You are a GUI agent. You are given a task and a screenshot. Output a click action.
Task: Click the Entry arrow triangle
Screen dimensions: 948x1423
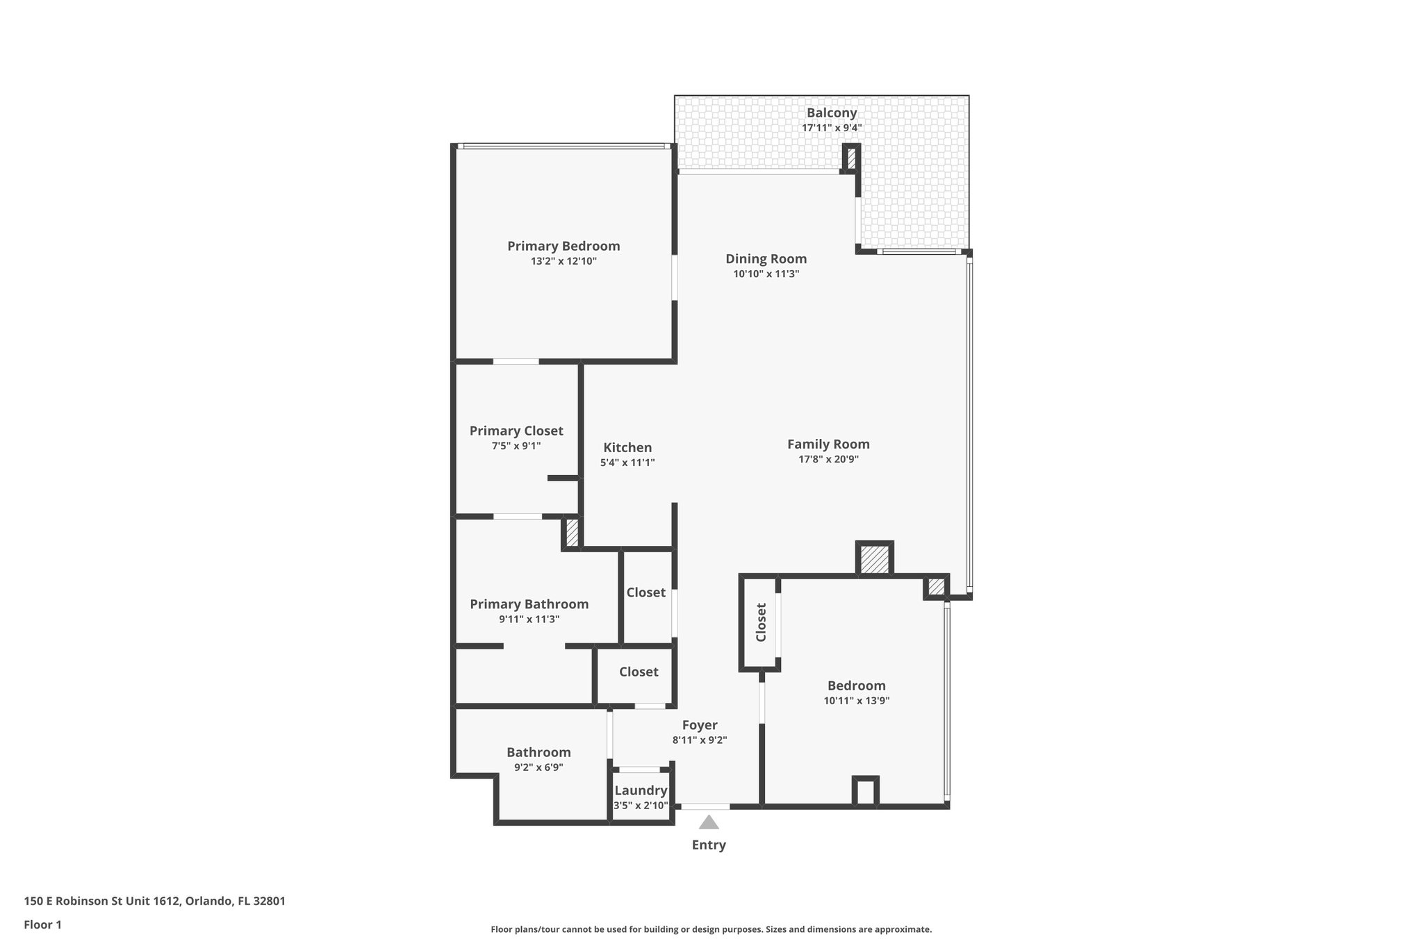pos(708,823)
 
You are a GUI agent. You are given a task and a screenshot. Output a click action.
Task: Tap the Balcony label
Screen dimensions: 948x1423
pos(831,113)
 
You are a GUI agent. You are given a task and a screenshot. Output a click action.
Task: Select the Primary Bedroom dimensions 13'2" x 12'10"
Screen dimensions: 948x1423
pos(564,262)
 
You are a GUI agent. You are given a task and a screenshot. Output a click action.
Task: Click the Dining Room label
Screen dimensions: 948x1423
pos(766,259)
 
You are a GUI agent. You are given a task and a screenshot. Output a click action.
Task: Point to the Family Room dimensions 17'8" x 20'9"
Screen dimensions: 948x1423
pos(828,459)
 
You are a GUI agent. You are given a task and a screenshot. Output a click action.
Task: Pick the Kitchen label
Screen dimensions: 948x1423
pos(627,448)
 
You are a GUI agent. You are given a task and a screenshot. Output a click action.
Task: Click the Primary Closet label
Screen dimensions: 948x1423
pos(516,431)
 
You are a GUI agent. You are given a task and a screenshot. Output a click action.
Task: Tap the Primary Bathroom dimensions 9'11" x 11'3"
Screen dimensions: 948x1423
pos(529,619)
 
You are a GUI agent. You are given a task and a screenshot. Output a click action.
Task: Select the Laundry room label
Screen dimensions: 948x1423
pos(641,790)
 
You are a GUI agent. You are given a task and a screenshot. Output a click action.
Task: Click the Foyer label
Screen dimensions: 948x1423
pos(699,725)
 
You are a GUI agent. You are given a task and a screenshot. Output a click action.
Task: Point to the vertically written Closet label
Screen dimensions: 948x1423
pos(761,622)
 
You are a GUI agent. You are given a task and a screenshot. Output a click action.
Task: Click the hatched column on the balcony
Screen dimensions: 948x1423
pos(851,158)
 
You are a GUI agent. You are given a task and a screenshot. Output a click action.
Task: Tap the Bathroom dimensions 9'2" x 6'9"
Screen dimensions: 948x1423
pos(538,767)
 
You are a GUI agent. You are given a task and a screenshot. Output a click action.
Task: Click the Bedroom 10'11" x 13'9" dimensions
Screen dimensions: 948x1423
pos(856,701)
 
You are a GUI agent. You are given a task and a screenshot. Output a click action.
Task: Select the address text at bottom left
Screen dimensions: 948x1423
pos(154,901)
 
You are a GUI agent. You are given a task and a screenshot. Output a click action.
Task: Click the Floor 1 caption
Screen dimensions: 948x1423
pos(42,924)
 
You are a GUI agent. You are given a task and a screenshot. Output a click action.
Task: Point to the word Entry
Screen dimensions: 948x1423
pos(708,845)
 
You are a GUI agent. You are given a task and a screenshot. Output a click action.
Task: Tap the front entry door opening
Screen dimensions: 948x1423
pos(705,806)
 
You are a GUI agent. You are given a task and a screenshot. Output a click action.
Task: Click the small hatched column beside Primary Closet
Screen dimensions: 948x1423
pos(572,533)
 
